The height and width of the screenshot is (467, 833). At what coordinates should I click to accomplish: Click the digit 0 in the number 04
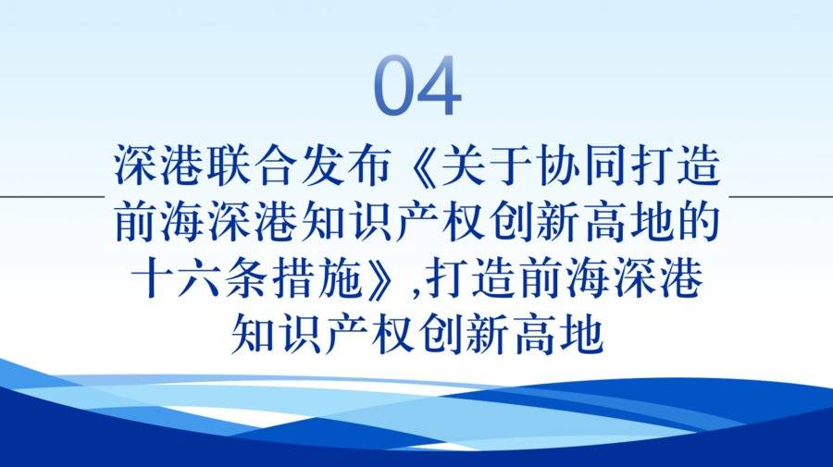395,85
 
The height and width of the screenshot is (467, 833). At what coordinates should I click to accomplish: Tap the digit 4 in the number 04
440,85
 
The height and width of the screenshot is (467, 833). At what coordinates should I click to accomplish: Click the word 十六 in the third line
176,278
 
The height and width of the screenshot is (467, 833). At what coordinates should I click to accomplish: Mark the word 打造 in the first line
674,165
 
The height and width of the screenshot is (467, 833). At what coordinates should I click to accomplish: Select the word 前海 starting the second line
160,222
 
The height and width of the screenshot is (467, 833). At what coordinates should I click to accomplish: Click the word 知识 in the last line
276,335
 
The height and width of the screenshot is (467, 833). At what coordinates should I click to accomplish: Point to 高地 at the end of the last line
558,335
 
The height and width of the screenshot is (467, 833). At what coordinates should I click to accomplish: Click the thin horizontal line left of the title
52,196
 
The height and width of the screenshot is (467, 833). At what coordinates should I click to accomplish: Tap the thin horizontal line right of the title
781,196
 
